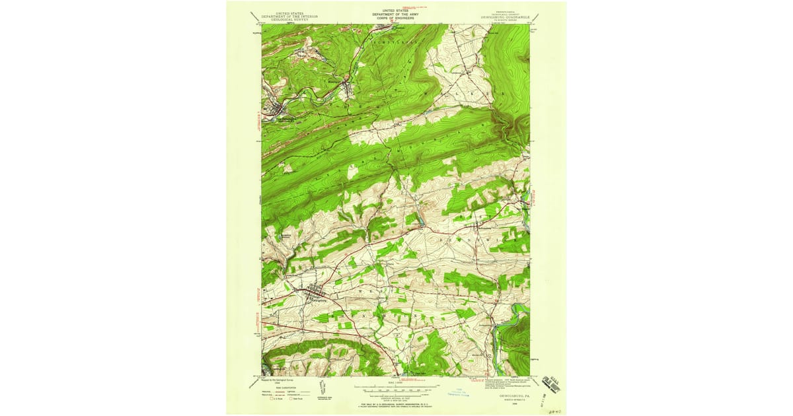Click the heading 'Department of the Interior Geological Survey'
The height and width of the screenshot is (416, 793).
click(x=289, y=17)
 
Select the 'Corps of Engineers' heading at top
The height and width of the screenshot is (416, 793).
click(x=396, y=17)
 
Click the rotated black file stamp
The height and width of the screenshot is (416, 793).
click(x=551, y=384)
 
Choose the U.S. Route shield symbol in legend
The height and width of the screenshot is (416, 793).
click(x=266, y=399)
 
